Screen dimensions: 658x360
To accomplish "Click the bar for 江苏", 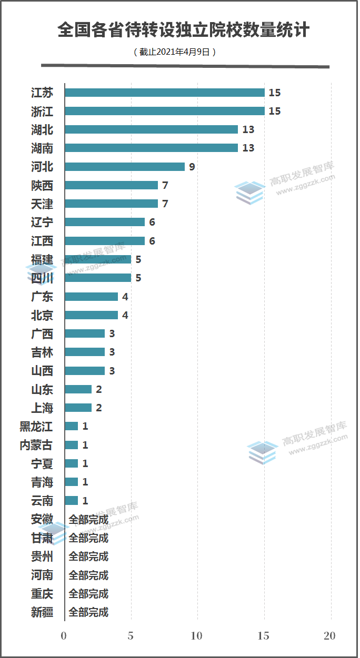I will tap(164, 93).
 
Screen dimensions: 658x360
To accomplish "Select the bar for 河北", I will tap(125, 167).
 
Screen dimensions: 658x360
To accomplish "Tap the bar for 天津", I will tap(111, 204).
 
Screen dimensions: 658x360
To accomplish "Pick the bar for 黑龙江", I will tap(72, 426).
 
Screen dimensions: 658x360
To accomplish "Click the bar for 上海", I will tap(78, 408).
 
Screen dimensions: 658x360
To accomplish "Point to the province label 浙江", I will tap(42, 112).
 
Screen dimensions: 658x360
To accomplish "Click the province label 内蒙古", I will tap(36, 445).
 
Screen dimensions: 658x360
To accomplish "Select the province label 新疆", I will tap(42, 612).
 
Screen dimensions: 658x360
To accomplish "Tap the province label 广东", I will tap(42, 297).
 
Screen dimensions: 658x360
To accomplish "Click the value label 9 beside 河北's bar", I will tap(192, 167).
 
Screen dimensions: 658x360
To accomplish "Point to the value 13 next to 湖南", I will tap(248, 148).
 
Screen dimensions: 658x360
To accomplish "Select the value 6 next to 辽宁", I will tap(152, 222).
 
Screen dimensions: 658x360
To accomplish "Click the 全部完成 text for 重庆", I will tap(88, 594).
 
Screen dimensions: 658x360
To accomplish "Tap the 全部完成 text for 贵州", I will tap(88, 556).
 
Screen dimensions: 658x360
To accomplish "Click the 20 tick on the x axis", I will tap(329, 636).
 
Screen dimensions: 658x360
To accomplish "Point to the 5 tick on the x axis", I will tap(131, 636).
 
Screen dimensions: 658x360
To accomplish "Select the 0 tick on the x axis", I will tap(64, 636).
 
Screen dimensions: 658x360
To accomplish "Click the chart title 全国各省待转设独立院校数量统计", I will tap(184, 30).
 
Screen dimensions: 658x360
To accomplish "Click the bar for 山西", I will tap(85, 371).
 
